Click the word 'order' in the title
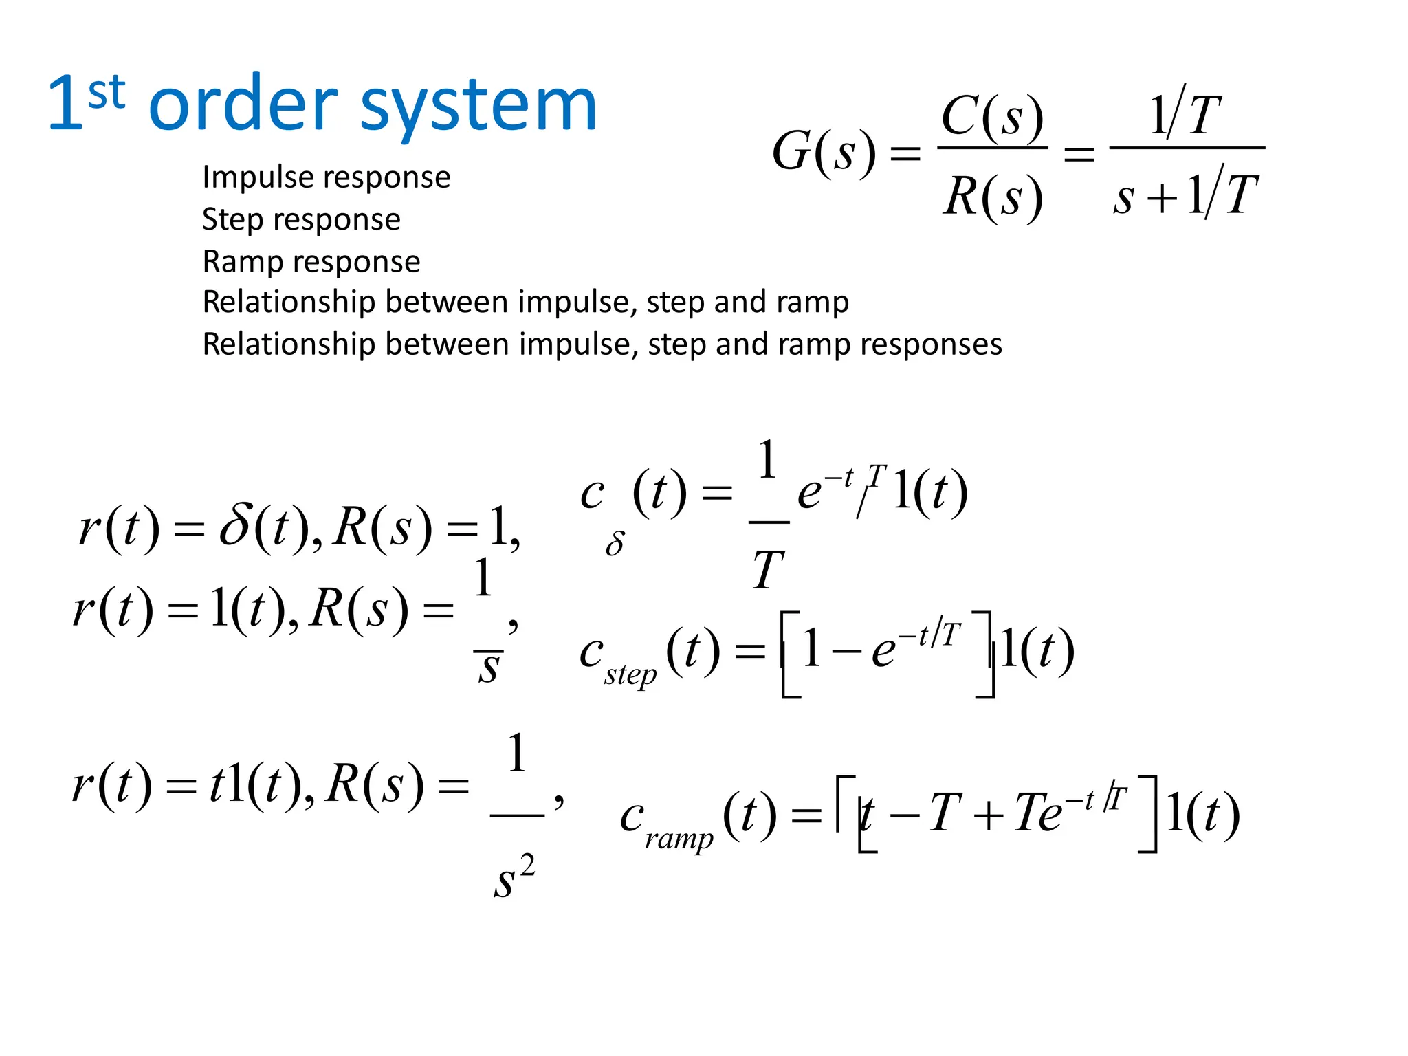click(x=243, y=104)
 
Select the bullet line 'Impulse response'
click(x=327, y=177)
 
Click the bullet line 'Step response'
click(x=301, y=219)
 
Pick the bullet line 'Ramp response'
click(x=311, y=261)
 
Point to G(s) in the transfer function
click(x=824, y=152)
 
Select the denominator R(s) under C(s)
click(x=992, y=197)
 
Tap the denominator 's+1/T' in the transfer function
click(x=1186, y=195)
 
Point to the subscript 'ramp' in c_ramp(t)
click(x=679, y=838)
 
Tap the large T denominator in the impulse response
click(x=768, y=570)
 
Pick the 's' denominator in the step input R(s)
click(x=489, y=667)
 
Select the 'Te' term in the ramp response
click(x=1037, y=813)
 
